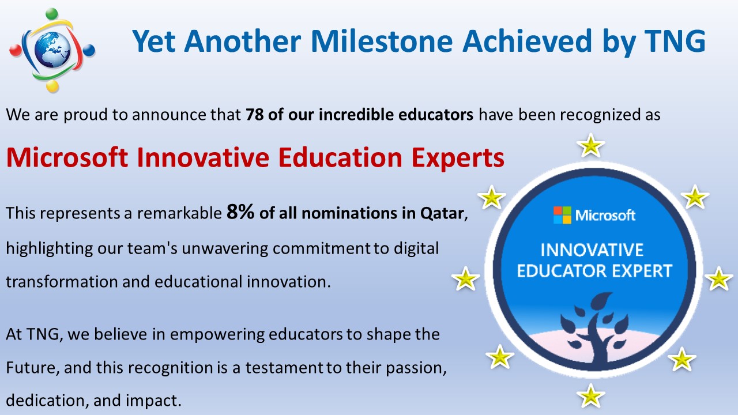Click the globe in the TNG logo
(52, 50)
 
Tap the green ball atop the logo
(51, 14)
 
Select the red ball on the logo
(15, 50)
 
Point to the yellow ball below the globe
(52, 86)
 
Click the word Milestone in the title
(382, 41)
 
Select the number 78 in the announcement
(254, 115)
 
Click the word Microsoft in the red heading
(67, 157)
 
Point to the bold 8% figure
(240, 212)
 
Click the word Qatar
(442, 213)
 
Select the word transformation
(62, 282)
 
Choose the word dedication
(47, 401)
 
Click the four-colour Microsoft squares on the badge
(562, 215)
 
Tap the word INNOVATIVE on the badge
(592, 250)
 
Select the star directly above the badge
(591, 145)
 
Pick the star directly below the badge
(590, 395)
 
